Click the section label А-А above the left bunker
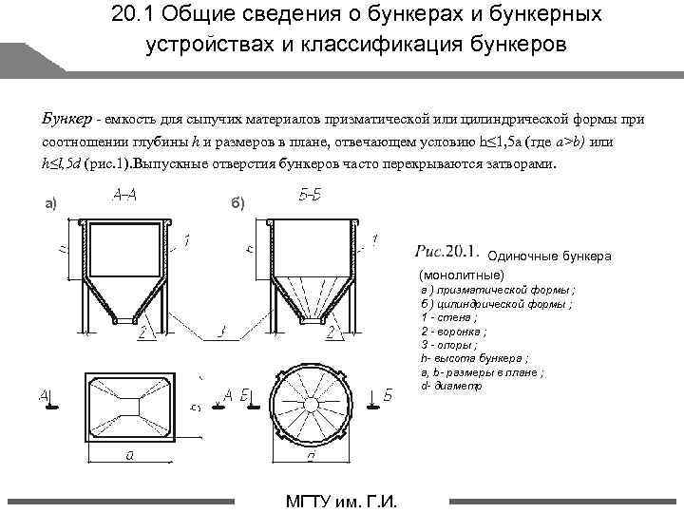point(123,197)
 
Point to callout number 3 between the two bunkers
point(221,332)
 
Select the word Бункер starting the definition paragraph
point(66,119)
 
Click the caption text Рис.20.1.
point(446,252)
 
